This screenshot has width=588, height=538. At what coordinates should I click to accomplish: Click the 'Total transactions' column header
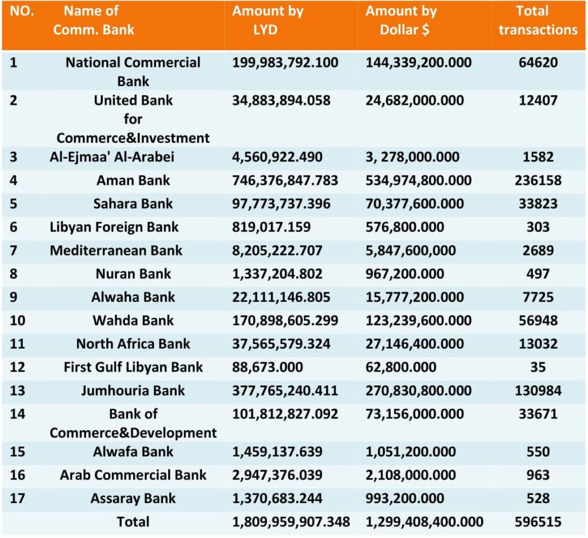(x=537, y=20)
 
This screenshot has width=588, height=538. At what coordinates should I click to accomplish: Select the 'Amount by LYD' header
(x=268, y=20)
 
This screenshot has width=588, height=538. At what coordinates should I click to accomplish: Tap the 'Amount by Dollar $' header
(x=401, y=20)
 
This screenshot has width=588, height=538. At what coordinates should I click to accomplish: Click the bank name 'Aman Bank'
(x=133, y=180)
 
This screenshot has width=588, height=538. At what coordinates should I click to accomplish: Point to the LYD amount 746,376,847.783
(x=285, y=181)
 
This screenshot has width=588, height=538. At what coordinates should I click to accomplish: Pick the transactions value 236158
(x=537, y=180)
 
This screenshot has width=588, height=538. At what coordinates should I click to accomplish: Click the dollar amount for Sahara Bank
(x=415, y=204)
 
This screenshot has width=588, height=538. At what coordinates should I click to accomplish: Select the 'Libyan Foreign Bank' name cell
(x=114, y=227)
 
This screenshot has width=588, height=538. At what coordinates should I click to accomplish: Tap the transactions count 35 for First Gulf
(x=537, y=367)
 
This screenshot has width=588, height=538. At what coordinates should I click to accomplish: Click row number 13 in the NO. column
(x=17, y=390)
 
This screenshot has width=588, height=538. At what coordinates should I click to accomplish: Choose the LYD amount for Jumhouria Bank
(x=285, y=390)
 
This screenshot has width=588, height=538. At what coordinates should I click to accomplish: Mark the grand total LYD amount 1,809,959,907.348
(x=291, y=522)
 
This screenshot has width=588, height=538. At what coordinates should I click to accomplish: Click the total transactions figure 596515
(x=537, y=521)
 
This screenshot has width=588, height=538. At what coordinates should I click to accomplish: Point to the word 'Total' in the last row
(x=133, y=521)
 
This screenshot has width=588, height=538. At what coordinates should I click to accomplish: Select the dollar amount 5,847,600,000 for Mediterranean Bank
(x=411, y=250)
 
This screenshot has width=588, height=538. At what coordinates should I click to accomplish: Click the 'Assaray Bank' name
(x=133, y=498)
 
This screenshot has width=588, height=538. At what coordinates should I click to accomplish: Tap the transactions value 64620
(x=537, y=62)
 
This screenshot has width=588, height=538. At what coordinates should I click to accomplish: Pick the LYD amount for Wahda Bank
(x=285, y=320)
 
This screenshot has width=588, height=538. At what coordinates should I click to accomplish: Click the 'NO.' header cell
(x=22, y=11)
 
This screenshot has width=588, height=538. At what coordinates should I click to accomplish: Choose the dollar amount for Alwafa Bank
(x=411, y=452)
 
